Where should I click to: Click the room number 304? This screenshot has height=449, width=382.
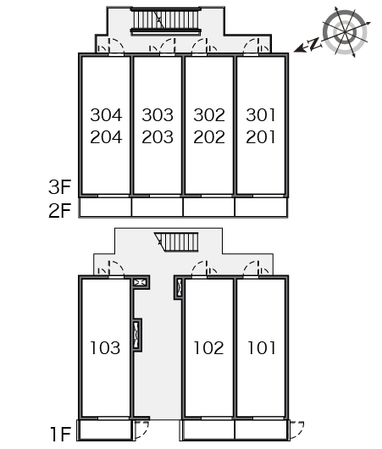click(106, 115)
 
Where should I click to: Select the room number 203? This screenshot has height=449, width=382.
click(158, 137)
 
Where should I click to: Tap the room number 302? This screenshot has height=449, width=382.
click(209, 115)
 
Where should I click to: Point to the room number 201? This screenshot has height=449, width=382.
click(261, 137)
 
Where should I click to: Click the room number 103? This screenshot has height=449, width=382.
click(105, 348)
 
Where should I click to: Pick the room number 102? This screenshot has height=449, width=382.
click(208, 348)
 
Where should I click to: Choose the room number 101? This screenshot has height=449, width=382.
click(261, 348)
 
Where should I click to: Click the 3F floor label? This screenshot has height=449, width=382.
click(59, 187)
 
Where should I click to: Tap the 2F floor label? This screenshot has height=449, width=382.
click(59, 210)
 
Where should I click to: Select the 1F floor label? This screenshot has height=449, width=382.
click(60, 434)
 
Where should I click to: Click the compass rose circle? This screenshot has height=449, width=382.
click(345, 32)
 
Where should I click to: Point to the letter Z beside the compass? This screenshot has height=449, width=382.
click(314, 43)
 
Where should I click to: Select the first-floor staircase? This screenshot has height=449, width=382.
click(177, 242)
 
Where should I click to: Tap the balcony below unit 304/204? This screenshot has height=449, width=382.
click(105, 207)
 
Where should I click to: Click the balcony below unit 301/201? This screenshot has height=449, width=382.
click(261, 207)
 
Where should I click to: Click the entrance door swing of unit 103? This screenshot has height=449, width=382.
click(111, 269)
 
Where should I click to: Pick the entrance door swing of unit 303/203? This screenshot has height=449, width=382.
click(163, 45)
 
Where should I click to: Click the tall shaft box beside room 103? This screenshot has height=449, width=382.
click(137, 335)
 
